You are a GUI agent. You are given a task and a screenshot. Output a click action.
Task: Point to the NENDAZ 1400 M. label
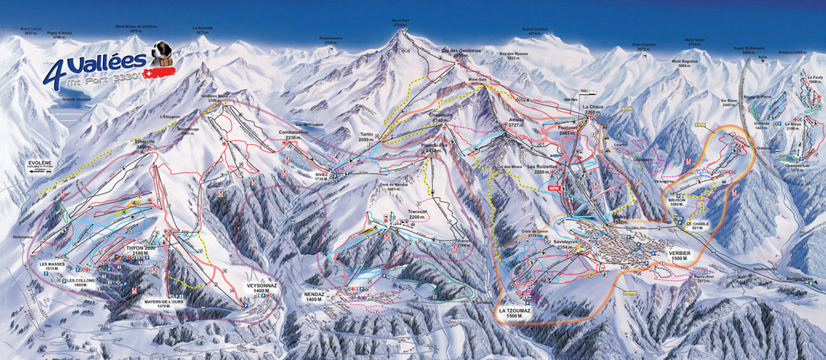pyautogui.click(x=314, y=296)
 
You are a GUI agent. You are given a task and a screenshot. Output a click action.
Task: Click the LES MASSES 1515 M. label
pyautogui.click(x=53, y=267)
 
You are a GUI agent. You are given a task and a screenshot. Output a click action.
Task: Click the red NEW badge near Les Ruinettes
pyautogui.click(x=555, y=188)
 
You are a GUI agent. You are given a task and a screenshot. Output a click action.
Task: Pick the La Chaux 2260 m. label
pyautogui.click(x=592, y=110)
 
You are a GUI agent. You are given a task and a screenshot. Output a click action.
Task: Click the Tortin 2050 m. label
pyautogui.click(x=371, y=138)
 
